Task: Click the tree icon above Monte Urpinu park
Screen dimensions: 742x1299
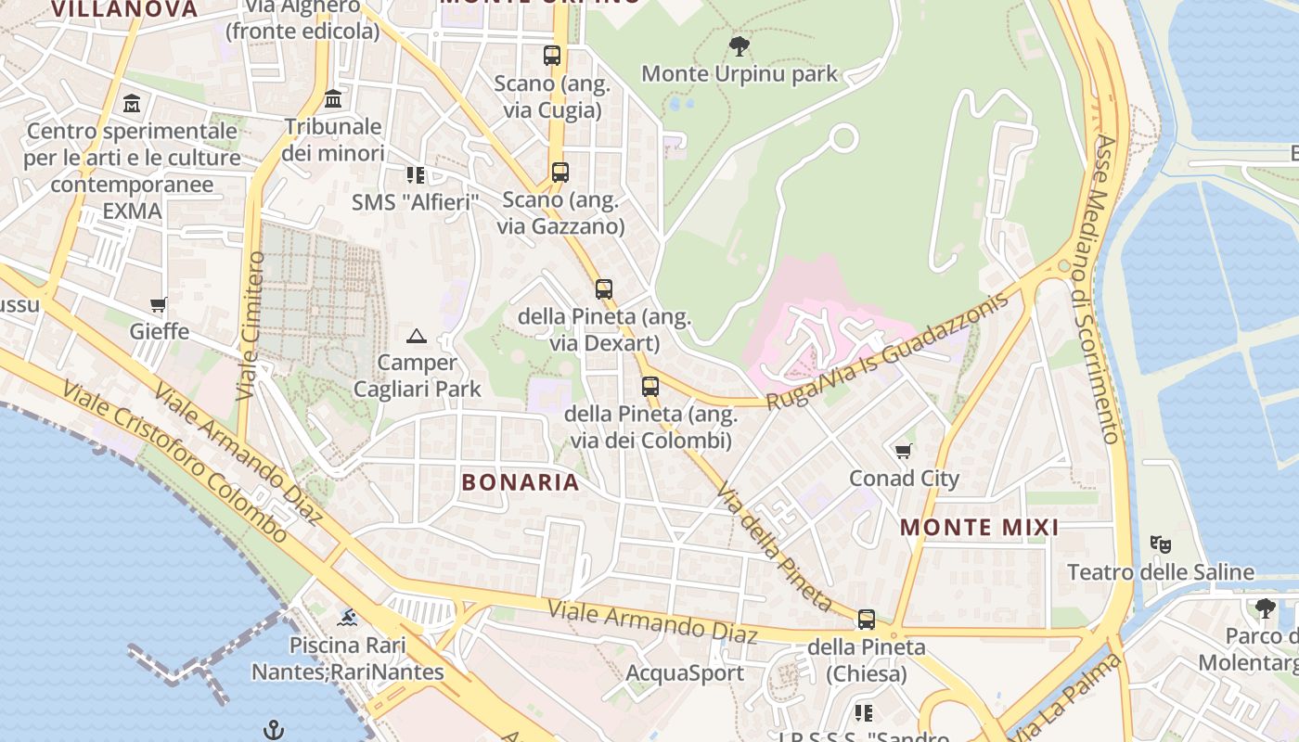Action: pos(740,45)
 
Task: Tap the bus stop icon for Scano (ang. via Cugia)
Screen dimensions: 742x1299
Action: pos(552,56)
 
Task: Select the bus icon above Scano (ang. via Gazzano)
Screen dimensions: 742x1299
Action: pos(559,173)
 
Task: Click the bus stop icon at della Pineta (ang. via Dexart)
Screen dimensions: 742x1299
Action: pos(604,289)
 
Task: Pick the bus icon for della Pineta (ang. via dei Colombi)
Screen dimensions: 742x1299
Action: pos(650,387)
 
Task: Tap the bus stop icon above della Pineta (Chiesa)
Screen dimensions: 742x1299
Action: pos(867,620)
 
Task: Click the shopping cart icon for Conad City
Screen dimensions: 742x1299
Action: pos(904,452)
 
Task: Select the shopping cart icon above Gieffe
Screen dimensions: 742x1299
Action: pos(159,305)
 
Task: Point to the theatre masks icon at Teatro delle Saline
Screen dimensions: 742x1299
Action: pos(1160,544)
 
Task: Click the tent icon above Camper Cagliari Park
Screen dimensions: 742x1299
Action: pos(417,336)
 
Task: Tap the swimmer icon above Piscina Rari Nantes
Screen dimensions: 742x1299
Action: pos(348,618)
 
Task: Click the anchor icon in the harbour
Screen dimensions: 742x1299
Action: pos(273,730)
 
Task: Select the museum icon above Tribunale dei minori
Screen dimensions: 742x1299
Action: pos(333,99)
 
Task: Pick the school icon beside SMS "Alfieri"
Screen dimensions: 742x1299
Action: pos(415,174)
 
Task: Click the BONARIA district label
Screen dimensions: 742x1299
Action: pos(521,482)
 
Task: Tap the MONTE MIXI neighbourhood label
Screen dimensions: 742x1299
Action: pos(980,528)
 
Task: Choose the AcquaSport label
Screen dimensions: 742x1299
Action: pos(685,673)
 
